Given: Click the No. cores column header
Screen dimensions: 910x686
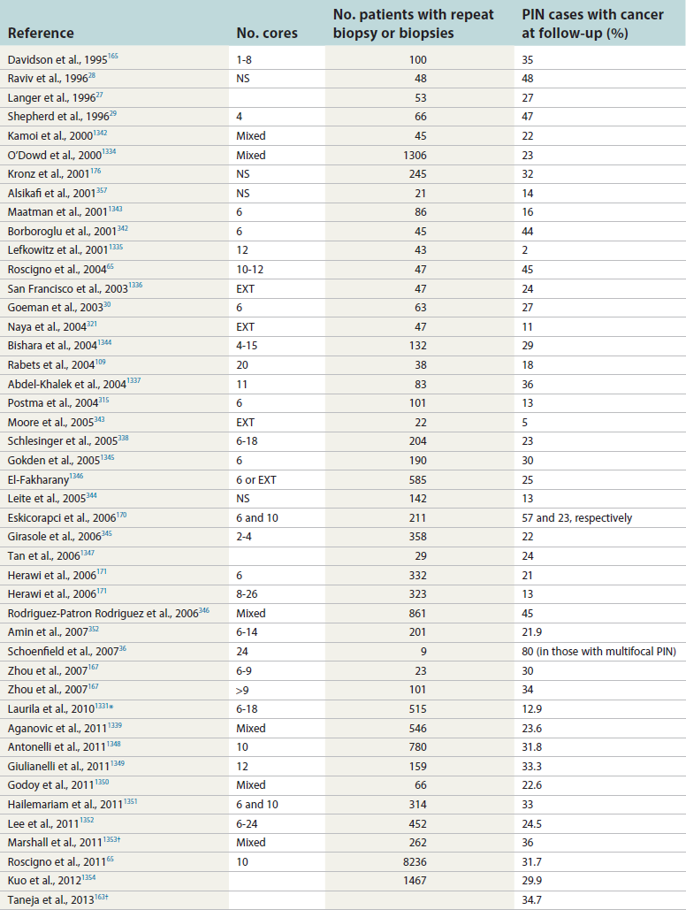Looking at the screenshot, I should click(267, 34).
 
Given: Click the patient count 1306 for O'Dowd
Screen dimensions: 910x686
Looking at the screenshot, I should click(411, 155).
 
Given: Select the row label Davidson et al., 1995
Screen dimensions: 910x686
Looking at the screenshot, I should click(57, 59).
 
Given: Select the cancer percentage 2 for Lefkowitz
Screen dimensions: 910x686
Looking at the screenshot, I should click(525, 250).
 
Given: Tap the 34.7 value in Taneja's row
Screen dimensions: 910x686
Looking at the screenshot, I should click(532, 899).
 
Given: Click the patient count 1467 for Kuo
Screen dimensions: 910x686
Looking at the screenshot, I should click(411, 879).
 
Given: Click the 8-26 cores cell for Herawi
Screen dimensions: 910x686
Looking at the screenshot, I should click(249, 593).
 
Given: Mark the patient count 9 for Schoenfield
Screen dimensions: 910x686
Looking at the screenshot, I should click(423, 651).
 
